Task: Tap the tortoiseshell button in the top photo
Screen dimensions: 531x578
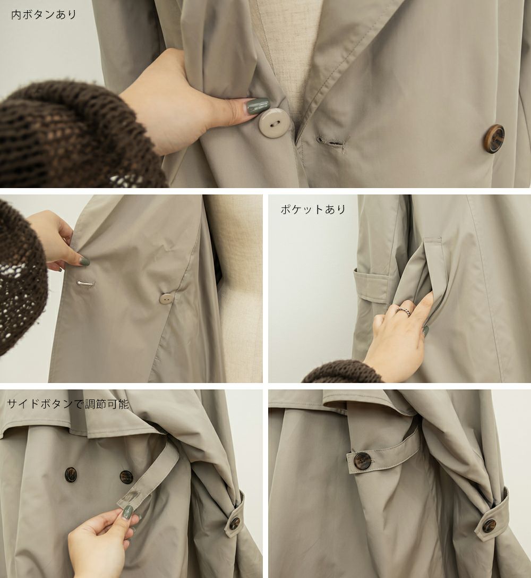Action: coord(494,138)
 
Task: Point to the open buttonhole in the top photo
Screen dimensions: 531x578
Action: coord(330,142)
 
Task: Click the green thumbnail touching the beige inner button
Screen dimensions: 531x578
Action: coord(258,105)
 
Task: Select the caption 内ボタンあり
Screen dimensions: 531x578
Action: coord(44,15)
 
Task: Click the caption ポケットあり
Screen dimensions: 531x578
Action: coord(313,209)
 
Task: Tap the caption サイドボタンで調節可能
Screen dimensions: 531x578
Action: coord(68,404)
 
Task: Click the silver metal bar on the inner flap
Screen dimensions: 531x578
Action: coord(85,283)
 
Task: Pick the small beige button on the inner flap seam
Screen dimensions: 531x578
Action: coord(166,299)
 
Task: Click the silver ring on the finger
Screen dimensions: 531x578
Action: coord(405,309)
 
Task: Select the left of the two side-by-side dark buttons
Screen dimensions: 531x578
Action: coord(71,474)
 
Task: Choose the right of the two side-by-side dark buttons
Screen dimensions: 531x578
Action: coord(125,476)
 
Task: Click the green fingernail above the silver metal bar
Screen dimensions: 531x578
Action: coord(84,262)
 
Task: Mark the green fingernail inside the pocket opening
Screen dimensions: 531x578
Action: coord(426,330)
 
